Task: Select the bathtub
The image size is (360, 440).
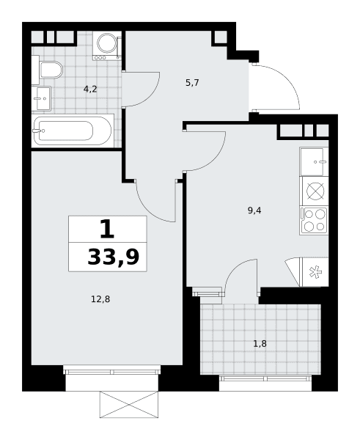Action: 73,131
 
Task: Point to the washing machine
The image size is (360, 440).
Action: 107,45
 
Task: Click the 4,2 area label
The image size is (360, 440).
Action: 90,89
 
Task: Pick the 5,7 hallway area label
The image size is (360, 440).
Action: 192,82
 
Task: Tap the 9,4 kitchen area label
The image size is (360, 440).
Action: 254,210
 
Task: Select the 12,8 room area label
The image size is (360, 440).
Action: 100,299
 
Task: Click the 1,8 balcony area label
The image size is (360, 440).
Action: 260,343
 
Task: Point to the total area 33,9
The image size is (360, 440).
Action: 114,257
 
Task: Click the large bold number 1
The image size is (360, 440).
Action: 107,229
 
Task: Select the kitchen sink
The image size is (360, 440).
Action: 314,161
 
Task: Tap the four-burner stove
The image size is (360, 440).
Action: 314,221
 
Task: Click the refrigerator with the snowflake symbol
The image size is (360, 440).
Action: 315,272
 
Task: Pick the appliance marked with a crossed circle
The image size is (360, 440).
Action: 314,191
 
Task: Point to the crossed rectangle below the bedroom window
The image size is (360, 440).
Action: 129,405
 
